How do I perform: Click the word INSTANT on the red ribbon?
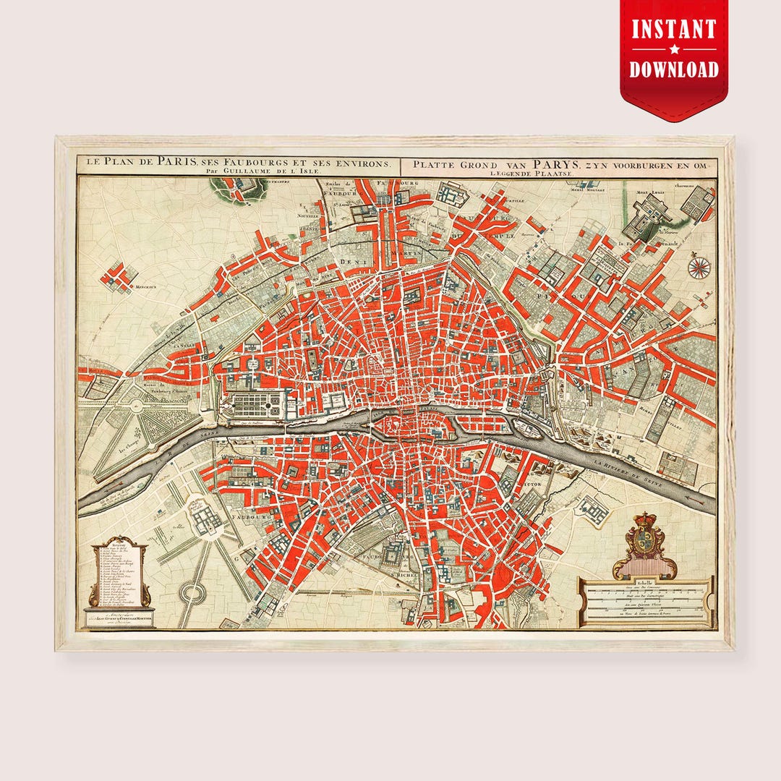674,30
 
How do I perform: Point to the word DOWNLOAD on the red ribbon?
674,69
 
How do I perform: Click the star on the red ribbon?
674,50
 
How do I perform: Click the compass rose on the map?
699,268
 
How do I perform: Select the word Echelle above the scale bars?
644,582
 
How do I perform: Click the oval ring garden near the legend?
192,594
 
